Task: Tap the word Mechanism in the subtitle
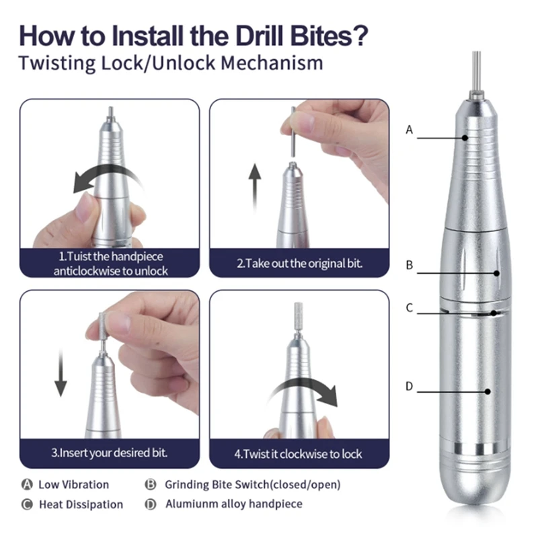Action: (x=272, y=63)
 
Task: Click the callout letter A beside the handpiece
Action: (x=410, y=130)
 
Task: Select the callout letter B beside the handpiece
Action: (x=410, y=265)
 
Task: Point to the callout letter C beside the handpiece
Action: (x=410, y=307)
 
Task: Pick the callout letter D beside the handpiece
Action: (x=410, y=386)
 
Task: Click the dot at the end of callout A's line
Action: (x=465, y=138)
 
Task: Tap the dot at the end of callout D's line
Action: (x=488, y=391)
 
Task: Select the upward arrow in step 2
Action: (x=255, y=187)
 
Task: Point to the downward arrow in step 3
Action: (x=61, y=373)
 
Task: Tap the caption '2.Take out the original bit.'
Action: (x=299, y=264)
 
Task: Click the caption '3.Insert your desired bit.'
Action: (x=110, y=453)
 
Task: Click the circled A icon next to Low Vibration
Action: (x=27, y=484)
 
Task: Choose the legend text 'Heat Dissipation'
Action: (x=81, y=504)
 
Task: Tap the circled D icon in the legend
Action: (x=150, y=504)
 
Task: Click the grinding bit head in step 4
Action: (x=298, y=314)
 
